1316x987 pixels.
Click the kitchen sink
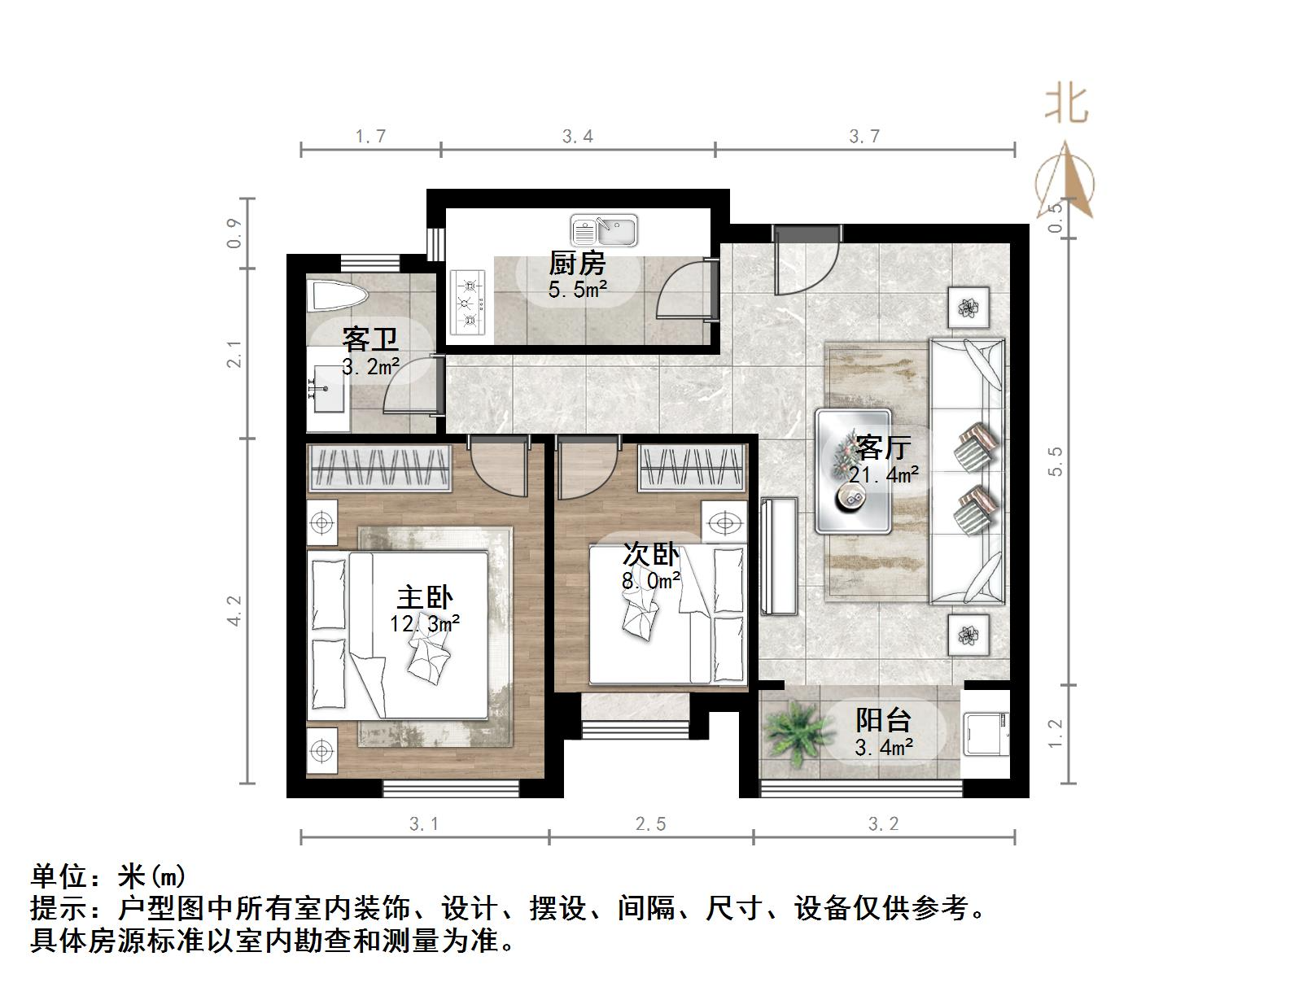(604, 231)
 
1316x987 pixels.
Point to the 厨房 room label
(577, 263)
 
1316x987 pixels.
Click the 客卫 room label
(370, 338)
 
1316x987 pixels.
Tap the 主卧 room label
(425, 597)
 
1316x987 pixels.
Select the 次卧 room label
(650, 554)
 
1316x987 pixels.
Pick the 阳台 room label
(883, 719)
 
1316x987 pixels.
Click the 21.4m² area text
(884, 474)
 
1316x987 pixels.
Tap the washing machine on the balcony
(985, 732)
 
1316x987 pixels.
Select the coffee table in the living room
(854, 472)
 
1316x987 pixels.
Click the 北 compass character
(1066, 104)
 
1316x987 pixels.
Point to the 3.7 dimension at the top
(864, 136)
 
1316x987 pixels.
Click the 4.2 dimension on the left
(234, 610)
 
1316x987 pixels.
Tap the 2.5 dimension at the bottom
(650, 824)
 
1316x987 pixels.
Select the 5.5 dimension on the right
(1056, 461)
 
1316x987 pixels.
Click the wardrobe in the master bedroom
(380, 469)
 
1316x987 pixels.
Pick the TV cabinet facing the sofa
(779, 556)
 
